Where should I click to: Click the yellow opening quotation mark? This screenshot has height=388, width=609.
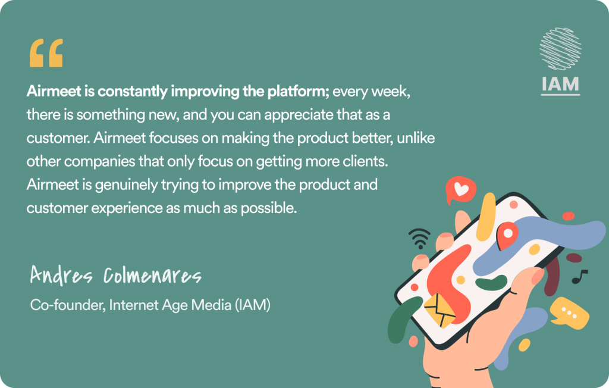click(46, 53)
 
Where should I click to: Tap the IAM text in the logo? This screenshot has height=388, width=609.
click(560, 85)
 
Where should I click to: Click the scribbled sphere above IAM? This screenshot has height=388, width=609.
click(560, 49)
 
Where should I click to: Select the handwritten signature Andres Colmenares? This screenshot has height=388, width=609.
click(116, 276)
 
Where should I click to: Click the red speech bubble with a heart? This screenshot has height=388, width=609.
click(460, 190)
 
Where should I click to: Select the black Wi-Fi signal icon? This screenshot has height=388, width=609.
click(419, 238)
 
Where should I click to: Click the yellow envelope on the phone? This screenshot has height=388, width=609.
click(440, 310)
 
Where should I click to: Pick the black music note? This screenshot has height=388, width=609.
click(579, 277)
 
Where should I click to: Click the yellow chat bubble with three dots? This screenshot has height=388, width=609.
click(569, 313)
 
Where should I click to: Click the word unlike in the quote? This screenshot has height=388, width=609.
click(416, 138)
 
